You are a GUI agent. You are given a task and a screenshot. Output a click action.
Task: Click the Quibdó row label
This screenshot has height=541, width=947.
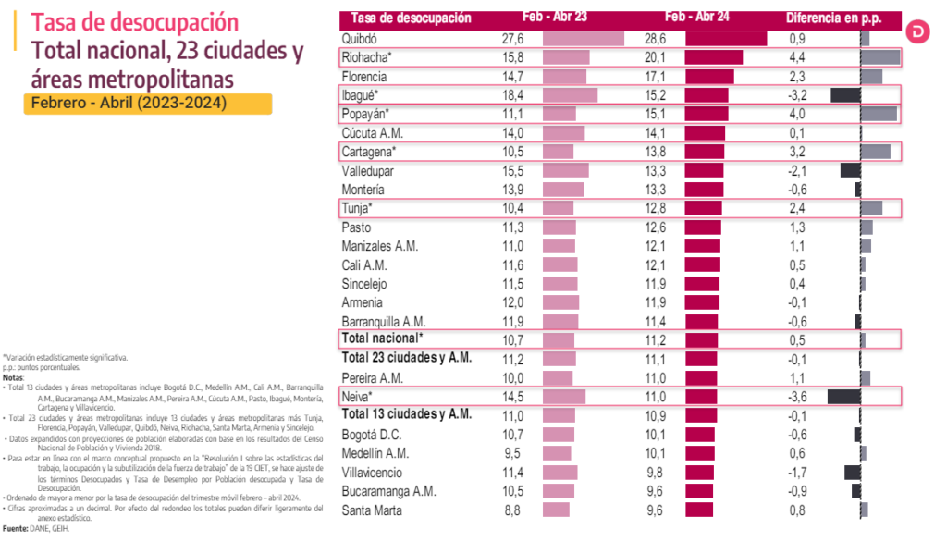tap(360, 39)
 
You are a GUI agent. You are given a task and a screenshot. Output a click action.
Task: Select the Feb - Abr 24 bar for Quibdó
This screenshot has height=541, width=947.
tap(726, 39)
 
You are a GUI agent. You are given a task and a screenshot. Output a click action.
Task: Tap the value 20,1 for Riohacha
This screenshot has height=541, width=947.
tap(655, 57)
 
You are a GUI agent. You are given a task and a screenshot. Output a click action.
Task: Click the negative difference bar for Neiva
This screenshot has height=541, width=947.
tap(844, 397)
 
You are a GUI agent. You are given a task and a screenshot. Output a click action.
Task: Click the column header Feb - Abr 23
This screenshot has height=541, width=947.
tap(547, 18)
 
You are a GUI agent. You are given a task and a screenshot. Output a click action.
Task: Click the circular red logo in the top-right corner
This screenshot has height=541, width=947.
tap(918, 31)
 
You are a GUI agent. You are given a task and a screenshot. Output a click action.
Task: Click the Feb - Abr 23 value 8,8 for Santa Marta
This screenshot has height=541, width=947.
tap(512, 510)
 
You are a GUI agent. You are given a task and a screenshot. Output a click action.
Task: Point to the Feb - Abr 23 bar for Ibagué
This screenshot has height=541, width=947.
tap(570, 95)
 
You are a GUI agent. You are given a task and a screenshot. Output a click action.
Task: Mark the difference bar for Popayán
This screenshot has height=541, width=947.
tap(879, 114)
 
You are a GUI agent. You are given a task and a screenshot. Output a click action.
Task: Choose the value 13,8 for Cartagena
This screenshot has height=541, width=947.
tap(655, 152)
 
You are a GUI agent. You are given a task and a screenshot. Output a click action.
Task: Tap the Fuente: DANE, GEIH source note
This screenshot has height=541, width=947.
tap(35, 530)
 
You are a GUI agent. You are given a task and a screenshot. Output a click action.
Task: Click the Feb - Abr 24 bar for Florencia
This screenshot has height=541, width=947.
tap(709, 77)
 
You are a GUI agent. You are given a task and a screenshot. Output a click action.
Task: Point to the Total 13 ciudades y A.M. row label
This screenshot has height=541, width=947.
tap(407, 415)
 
